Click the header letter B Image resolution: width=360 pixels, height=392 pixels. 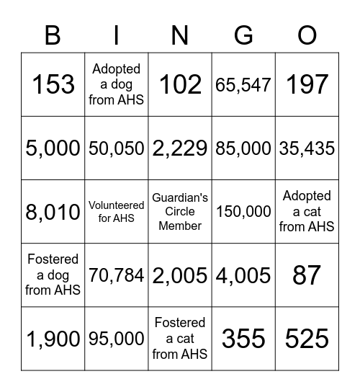click(x=53, y=34)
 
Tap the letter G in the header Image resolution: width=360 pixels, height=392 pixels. click(x=243, y=34)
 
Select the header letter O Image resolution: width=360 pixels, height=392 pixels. click(x=307, y=34)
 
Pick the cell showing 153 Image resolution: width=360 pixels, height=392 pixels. click(x=53, y=85)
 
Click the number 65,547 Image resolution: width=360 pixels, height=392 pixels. click(x=243, y=85)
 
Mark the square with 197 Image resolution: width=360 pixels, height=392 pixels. click(x=307, y=85)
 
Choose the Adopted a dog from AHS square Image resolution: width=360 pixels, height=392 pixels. click(x=116, y=85)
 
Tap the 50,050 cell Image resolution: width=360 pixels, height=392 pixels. click(x=116, y=148)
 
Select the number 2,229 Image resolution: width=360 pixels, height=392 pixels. click(x=180, y=148)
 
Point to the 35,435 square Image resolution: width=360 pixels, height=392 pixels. click(x=307, y=148)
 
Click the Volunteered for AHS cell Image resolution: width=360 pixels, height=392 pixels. click(x=116, y=212)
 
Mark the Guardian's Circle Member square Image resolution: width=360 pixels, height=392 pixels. click(x=180, y=212)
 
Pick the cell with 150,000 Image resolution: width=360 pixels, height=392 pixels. click(x=243, y=212)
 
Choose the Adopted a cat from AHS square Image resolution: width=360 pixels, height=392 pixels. click(x=307, y=212)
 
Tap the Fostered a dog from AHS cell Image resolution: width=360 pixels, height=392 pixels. click(x=53, y=275)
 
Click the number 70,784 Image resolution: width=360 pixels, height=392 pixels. click(x=116, y=275)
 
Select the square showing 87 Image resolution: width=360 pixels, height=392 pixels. click(x=307, y=275)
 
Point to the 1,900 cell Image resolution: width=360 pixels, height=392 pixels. click(x=53, y=339)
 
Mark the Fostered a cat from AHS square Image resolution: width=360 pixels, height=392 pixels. click(x=180, y=339)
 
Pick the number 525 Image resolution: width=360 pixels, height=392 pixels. click(x=307, y=339)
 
